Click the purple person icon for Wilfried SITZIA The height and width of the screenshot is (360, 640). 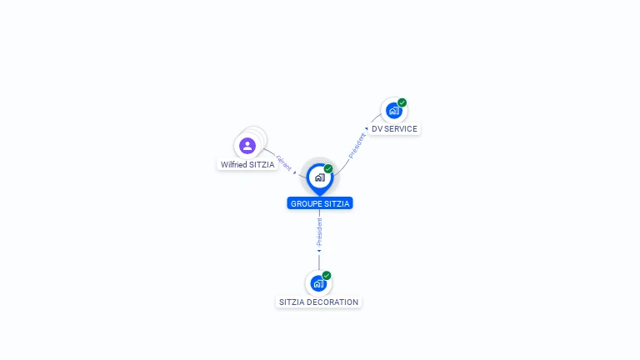[x=247, y=146]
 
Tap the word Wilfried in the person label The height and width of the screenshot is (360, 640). [x=234, y=165]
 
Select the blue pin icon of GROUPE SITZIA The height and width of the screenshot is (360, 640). [x=319, y=177]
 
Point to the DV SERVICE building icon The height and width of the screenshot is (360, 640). [x=393, y=111]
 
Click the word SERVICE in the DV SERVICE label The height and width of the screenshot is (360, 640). [x=401, y=129]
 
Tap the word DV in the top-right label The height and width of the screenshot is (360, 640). [x=377, y=129]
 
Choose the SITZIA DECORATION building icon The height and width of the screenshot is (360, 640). [x=318, y=283]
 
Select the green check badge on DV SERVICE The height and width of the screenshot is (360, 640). [x=402, y=102]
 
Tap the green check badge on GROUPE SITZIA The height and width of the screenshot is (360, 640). [x=328, y=168]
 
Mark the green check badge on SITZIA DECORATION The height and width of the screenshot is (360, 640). [x=327, y=275]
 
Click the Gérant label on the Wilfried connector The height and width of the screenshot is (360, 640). [x=283, y=162]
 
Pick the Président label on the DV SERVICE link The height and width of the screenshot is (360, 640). [x=357, y=145]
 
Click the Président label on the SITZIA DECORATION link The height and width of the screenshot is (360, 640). [x=319, y=231]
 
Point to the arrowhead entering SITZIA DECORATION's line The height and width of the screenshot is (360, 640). [x=319, y=251]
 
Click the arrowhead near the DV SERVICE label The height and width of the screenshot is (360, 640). [x=366, y=129]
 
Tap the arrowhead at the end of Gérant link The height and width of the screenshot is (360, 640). [x=295, y=172]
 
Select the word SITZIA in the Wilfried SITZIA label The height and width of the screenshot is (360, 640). [x=262, y=165]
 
